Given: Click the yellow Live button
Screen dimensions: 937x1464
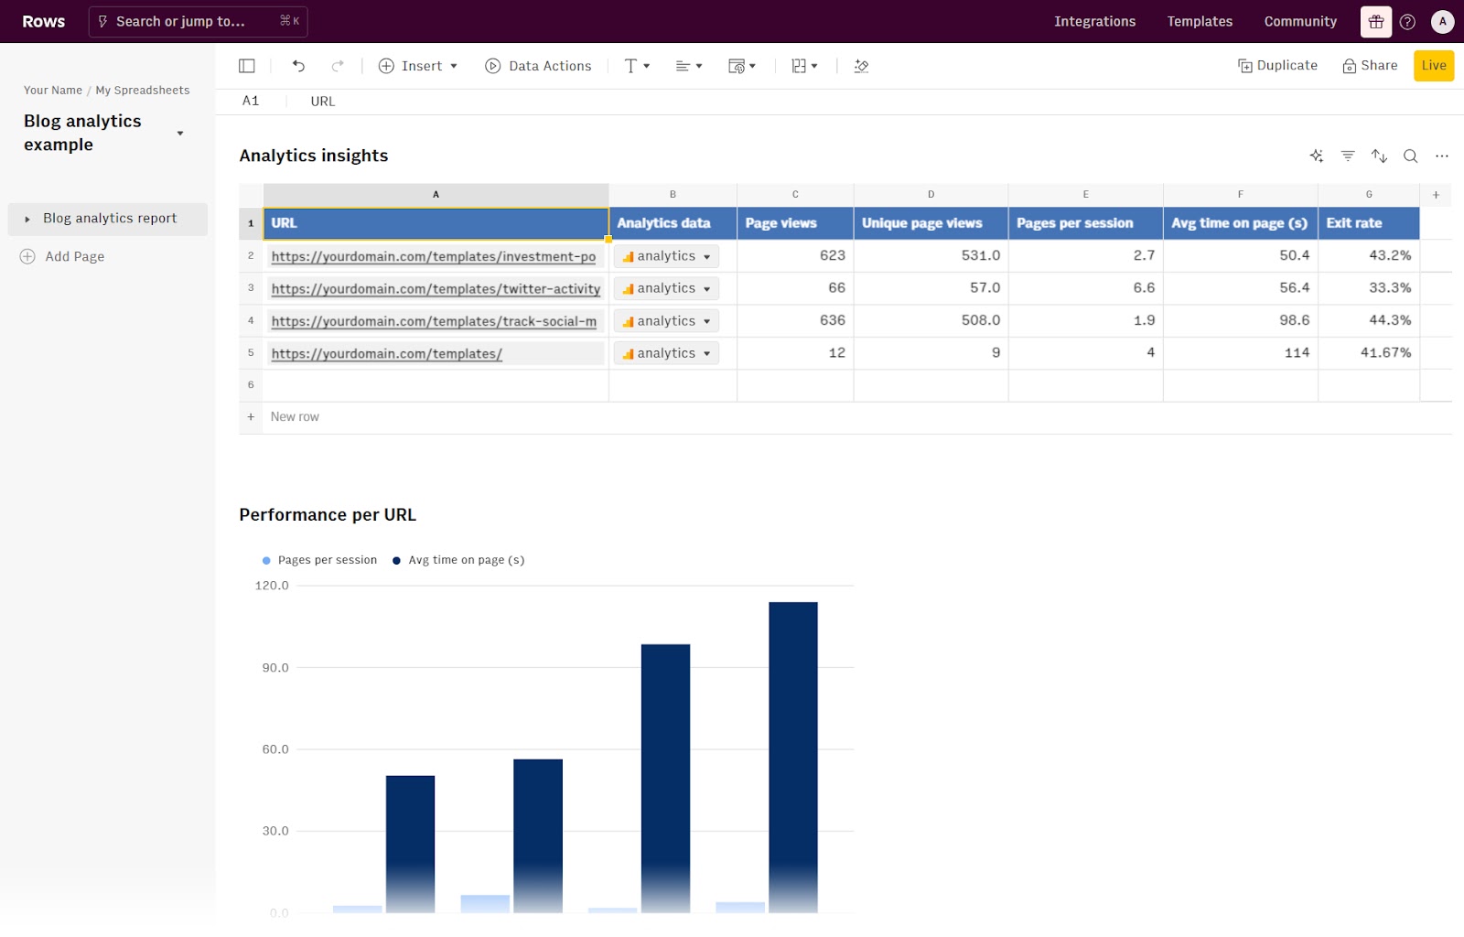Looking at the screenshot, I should click(x=1433, y=66).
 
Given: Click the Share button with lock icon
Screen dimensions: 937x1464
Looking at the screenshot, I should click(x=1370, y=66).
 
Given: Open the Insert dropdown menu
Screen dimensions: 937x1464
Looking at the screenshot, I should click(x=418, y=66).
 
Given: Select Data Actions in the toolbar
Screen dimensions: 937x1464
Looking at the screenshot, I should click(x=538, y=66).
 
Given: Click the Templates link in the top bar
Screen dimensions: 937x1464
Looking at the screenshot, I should click(x=1200, y=21).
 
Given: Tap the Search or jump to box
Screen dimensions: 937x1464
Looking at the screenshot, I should click(x=198, y=21).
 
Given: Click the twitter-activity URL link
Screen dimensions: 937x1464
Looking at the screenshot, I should click(x=436, y=289).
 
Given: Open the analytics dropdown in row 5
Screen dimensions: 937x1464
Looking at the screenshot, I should click(x=666, y=353).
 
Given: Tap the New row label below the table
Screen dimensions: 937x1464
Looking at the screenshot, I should click(x=295, y=417).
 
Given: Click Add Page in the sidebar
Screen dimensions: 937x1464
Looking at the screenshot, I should click(x=74, y=257).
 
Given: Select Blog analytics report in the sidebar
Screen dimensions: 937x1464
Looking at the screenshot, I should click(x=109, y=219).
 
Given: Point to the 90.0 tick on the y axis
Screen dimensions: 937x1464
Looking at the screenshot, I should click(x=274, y=668).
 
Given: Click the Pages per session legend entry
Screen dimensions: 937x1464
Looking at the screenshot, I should click(x=327, y=560).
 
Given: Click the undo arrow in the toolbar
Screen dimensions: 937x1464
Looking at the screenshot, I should click(x=298, y=66).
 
